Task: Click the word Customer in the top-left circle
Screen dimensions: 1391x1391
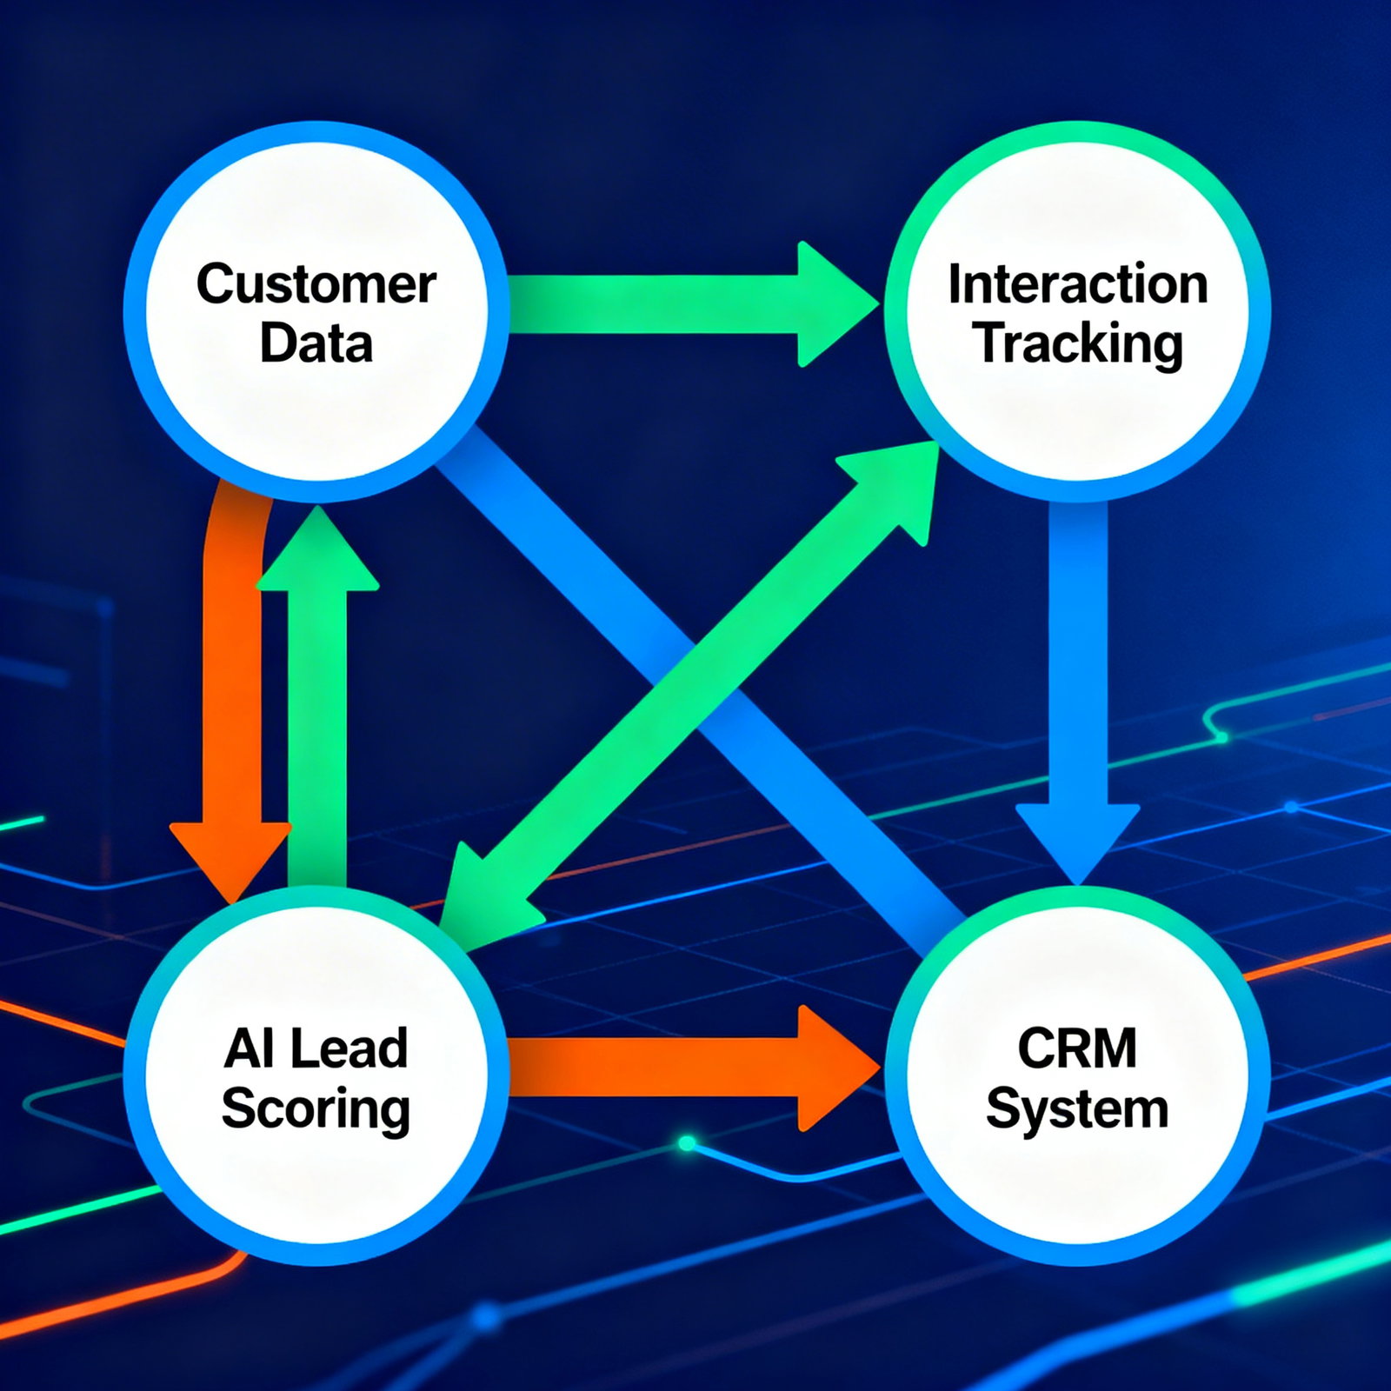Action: [316, 284]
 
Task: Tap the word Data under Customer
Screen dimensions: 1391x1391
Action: [316, 343]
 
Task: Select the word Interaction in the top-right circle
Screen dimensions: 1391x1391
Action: [1077, 284]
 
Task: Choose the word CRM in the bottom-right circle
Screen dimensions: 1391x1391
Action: [1077, 1048]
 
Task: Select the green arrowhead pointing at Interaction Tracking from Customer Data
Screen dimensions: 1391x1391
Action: [830, 304]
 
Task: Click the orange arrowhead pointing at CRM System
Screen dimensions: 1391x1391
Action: [830, 1068]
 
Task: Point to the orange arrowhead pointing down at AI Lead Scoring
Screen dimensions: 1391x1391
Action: [230, 856]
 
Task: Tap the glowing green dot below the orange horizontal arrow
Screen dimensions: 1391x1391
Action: [687, 1143]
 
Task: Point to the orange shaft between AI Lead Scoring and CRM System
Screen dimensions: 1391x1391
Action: [652, 1068]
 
